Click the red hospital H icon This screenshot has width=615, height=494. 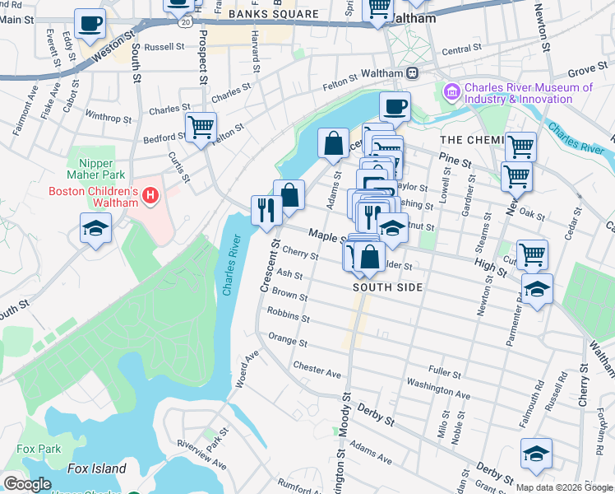tap(150, 196)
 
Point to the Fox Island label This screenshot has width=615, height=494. tap(96, 468)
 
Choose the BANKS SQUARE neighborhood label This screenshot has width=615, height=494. tap(272, 15)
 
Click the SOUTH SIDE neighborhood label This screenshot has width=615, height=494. tap(387, 287)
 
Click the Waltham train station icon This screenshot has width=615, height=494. tap(412, 73)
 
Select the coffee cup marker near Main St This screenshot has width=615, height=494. tap(90, 24)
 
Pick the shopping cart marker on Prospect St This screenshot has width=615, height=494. tap(200, 128)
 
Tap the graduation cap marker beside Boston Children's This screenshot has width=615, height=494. tap(96, 228)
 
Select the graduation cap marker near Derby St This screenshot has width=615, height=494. tap(536, 454)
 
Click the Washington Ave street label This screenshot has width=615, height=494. tap(437, 389)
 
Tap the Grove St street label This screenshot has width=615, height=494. tap(585, 73)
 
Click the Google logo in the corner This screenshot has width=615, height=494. tap(27, 483)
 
